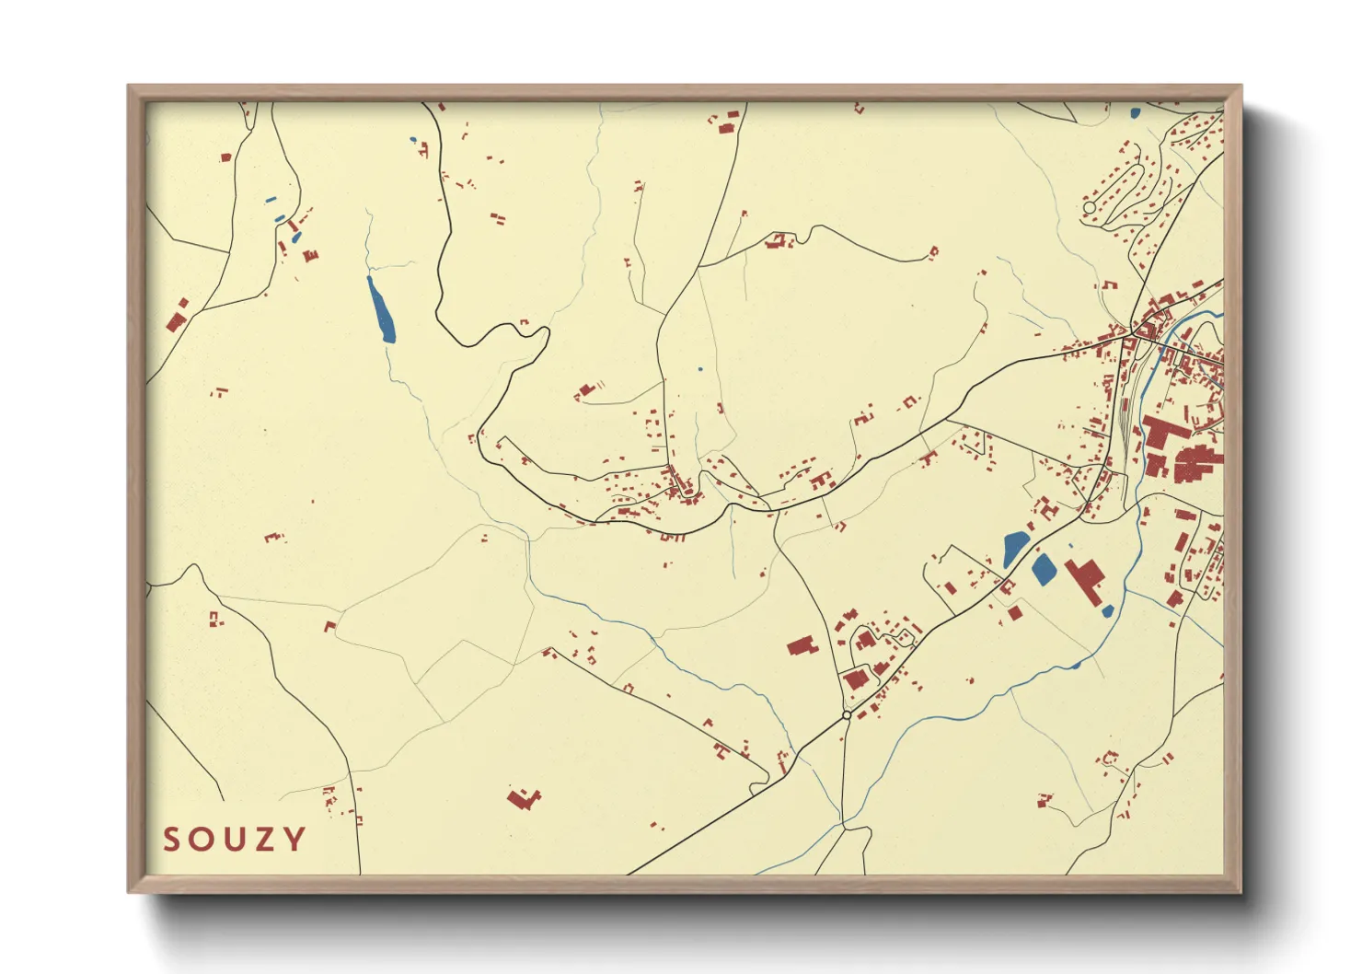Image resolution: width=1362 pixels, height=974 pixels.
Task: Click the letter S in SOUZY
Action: pyautogui.click(x=172, y=840)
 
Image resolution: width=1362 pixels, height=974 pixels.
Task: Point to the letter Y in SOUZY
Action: pyautogui.click(x=294, y=840)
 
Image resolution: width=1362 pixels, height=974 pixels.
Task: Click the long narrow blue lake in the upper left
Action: pyautogui.click(x=381, y=309)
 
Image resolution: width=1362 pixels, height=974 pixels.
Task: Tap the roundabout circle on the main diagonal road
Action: pyautogui.click(x=847, y=714)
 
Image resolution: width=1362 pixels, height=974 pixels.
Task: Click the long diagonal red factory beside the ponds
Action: pyautogui.click(x=1086, y=581)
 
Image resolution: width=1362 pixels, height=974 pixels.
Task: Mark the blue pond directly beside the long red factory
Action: pyautogui.click(x=1044, y=569)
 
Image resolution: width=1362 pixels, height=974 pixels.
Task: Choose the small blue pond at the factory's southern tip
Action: pyautogui.click(x=1108, y=610)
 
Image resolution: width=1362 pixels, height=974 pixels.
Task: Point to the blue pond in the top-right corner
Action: pyautogui.click(x=1135, y=113)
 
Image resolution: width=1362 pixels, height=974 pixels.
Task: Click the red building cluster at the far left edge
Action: pyautogui.click(x=177, y=318)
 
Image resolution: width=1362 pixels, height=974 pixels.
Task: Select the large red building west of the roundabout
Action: pyautogui.click(x=802, y=645)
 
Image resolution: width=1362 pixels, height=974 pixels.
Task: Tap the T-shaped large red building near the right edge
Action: pyautogui.click(x=1162, y=435)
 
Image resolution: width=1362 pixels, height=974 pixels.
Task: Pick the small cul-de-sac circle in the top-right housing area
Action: pyautogui.click(x=1090, y=208)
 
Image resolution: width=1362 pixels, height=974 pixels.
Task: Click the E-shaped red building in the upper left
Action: pyautogui.click(x=311, y=255)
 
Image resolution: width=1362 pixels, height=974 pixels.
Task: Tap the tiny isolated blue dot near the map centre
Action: pyautogui.click(x=699, y=369)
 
